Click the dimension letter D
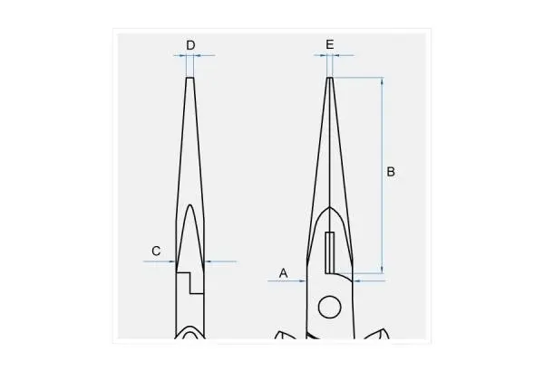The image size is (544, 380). (x=190, y=45)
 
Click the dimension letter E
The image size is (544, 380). (x=330, y=44)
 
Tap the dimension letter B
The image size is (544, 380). (x=391, y=172)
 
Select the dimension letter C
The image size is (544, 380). (x=156, y=251)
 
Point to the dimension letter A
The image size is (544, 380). (x=284, y=273)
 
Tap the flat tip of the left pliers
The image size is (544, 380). (x=189, y=78)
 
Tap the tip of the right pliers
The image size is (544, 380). (x=330, y=78)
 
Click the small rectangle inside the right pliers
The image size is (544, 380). (x=330, y=252)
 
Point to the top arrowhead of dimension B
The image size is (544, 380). (x=383, y=81)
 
